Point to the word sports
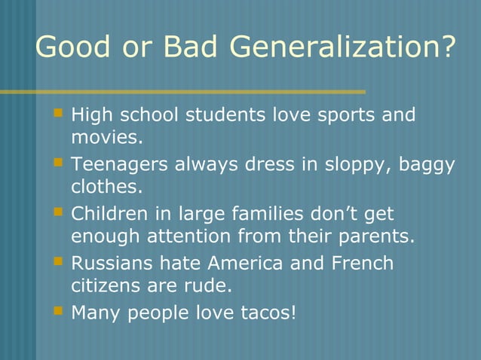coord(345,115)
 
